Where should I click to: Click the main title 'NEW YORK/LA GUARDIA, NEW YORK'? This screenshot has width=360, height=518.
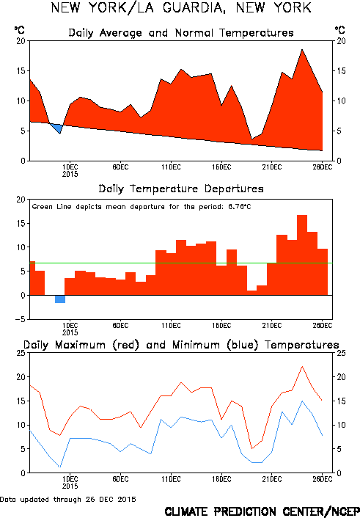pyautogui.click(x=181, y=8)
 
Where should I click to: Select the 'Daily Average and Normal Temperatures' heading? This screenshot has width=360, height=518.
pyautogui.click(x=181, y=33)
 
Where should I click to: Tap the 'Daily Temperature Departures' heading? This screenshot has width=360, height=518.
pyautogui.click(x=181, y=189)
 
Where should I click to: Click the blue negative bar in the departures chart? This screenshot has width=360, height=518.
pyautogui.click(x=60, y=299)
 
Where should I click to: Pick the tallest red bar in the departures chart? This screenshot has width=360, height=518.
pyautogui.click(x=302, y=255)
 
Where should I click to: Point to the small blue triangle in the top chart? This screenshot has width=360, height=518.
pyautogui.click(x=56, y=128)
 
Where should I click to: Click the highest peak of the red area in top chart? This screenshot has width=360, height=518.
pyautogui.click(x=302, y=50)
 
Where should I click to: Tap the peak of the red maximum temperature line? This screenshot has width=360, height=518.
pyautogui.click(x=302, y=366)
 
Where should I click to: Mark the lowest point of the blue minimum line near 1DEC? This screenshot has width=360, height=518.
pyautogui.click(x=60, y=467)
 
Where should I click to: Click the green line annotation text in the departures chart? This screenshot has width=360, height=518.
pyautogui.click(x=142, y=207)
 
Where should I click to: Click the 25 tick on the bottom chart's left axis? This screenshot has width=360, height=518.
pyautogui.click(x=21, y=353)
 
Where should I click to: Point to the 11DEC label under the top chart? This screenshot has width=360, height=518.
pyautogui.click(x=171, y=167)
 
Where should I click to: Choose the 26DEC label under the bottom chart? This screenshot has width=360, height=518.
pyautogui.click(x=323, y=479)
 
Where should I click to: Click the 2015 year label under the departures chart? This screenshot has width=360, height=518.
pyautogui.click(x=70, y=332)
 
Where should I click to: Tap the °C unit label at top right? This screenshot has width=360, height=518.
pyautogui.click(x=340, y=30)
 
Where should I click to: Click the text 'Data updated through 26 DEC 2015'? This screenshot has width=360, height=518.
pyautogui.click(x=68, y=500)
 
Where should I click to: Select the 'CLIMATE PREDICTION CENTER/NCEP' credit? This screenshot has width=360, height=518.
pyautogui.click(x=262, y=511)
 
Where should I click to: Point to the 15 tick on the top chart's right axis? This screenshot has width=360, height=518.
pyautogui.click(x=341, y=70)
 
